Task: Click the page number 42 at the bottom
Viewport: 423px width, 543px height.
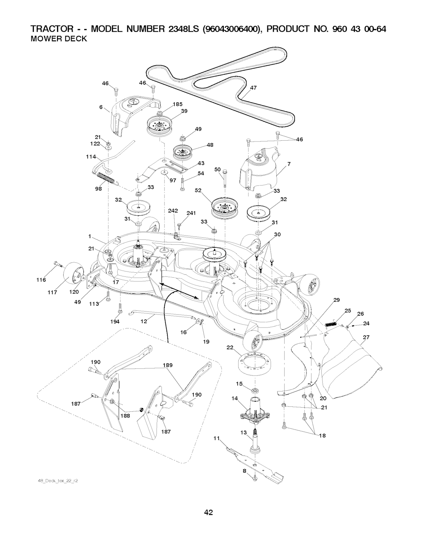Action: click(x=208, y=513)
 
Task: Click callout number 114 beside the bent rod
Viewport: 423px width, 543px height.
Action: click(x=91, y=157)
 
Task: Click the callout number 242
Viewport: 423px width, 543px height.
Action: click(x=173, y=211)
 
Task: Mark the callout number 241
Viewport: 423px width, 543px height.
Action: click(x=191, y=213)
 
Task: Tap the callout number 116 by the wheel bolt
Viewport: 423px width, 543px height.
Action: click(x=40, y=280)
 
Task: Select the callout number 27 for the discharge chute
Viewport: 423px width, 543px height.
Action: click(x=366, y=337)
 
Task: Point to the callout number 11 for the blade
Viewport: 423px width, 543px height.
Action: click(x=216, y=439)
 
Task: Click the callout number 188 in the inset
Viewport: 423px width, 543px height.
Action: click(x=125, y=416)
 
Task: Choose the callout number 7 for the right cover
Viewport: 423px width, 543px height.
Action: click(x=289, y=164)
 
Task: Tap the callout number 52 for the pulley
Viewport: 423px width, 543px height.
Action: click(x=198, y=190)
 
